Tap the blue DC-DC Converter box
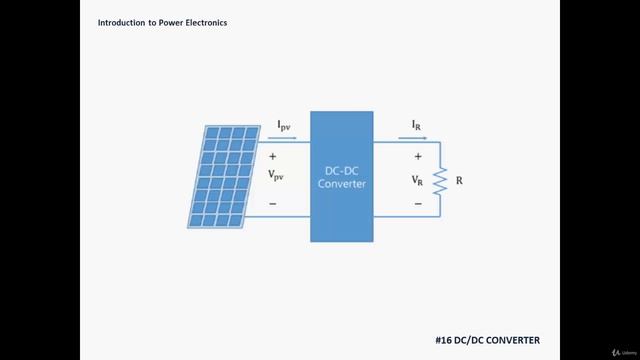coord(340,176)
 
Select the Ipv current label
coord(284,125)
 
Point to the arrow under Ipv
coord(283,138)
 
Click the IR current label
coord(416,125)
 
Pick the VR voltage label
coord(418,181)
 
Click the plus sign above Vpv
coord(273,157)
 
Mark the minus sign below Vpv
coord(273,204)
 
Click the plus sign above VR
coord(418,157)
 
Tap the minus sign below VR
coord(418,204)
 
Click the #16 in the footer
coord(445,340)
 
